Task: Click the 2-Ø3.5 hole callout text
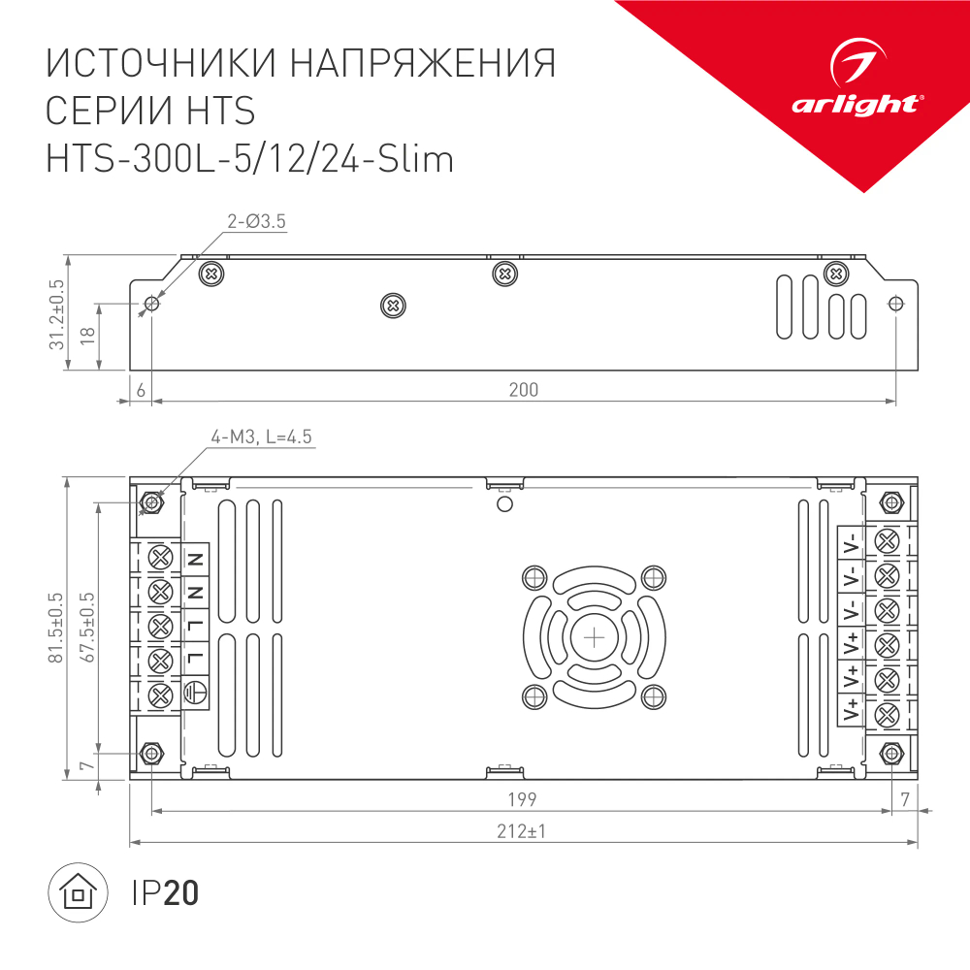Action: tap(256, 222)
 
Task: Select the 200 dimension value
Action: tap(523, 390)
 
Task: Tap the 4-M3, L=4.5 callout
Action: tap(262, 437)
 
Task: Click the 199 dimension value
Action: tap(522, 799)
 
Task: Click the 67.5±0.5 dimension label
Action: tap(88, 628)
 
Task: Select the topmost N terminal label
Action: tap(194, 559)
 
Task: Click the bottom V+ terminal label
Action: tap(851, 710)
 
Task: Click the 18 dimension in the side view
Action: tap(86, 336)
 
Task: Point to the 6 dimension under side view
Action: tap(142, 390)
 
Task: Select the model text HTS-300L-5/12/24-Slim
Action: tap(250, 158)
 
